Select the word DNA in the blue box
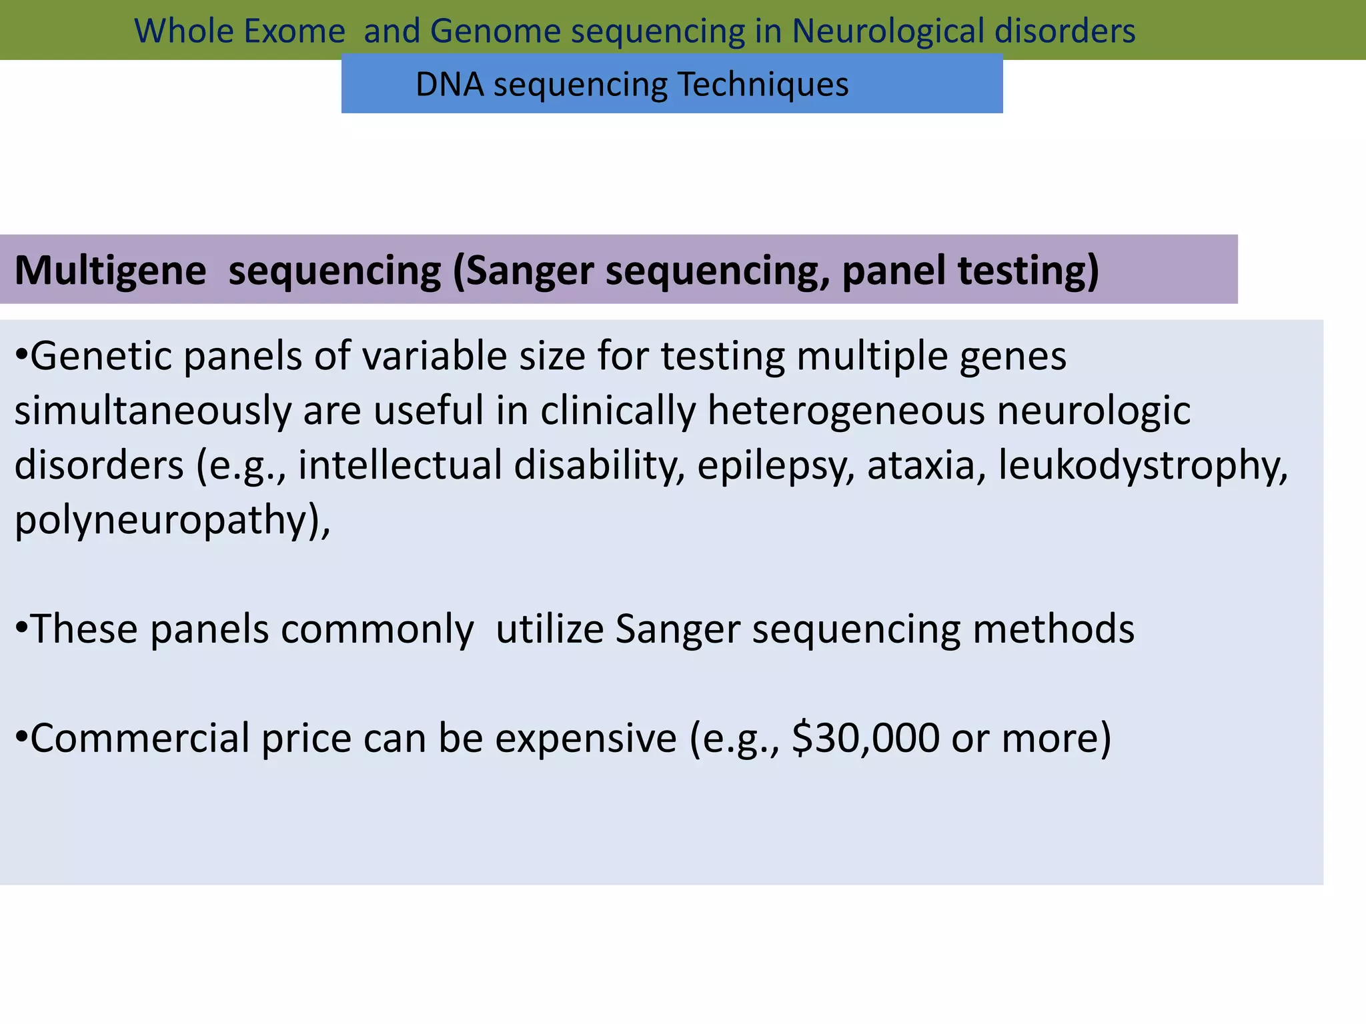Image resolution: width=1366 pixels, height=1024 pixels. [x=450, y=85]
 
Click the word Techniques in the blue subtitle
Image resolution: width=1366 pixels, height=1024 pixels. [x=763, y=85]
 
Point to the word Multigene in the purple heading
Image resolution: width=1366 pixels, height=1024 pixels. [x=111, y=271]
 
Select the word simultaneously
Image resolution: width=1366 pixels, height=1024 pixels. [x=153, y=411]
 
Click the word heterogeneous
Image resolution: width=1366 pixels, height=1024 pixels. [x=846, y=411]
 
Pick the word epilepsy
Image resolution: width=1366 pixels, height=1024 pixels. [x=776, y=466]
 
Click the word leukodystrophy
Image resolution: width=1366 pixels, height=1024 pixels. [x=1143, y=466]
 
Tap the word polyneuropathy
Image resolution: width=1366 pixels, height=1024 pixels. [x=167, y=521]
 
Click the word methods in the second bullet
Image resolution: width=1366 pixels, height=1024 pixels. [x=1053, y=629]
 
